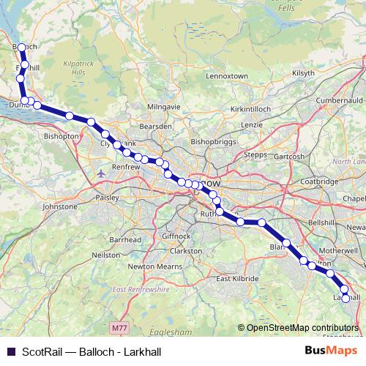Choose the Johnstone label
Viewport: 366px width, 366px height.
(61, 207)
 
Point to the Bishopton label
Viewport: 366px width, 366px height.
(61, 136)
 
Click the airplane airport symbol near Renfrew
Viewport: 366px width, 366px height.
(100, 173)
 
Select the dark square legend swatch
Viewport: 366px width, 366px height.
(10, 351)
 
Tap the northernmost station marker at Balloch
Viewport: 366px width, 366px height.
(21, 48)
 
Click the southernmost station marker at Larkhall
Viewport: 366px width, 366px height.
(346, 298)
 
